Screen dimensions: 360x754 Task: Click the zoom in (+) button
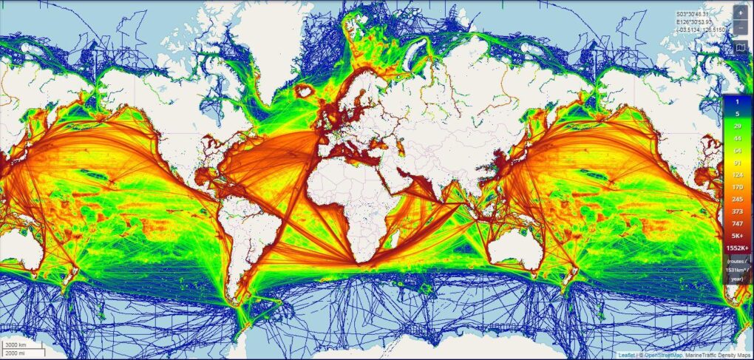click(x=741, y=13)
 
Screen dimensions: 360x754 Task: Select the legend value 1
click(x=736, y=101)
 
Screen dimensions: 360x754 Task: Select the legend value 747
click(x=736, y=223)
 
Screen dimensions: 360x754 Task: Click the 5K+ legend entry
click(x=736, y=237)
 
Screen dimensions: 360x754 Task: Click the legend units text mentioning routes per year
click(x=736, y=270)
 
